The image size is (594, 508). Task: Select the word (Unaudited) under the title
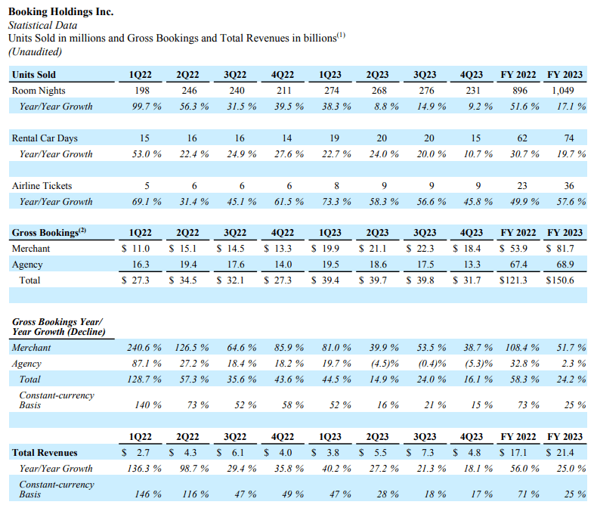35,51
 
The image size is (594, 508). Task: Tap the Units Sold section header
34,74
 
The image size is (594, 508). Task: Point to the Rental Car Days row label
45,138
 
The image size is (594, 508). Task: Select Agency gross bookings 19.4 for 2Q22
190,265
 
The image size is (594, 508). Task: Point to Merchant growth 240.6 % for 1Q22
143,348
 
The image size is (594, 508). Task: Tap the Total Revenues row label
45,452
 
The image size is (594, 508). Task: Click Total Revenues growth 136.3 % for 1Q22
143,468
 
